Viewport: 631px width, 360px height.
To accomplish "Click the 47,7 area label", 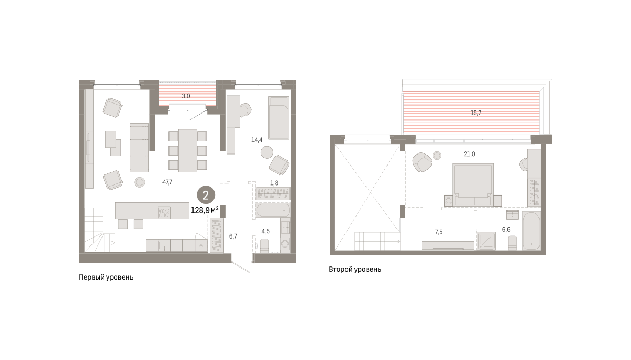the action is tap(167, 182).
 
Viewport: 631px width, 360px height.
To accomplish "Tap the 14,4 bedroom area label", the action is tap(257, 140).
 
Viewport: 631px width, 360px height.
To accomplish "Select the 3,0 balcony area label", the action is tap(186, 96).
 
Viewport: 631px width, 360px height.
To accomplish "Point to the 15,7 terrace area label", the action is tap(476, 113).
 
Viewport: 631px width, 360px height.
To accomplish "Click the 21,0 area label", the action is tap(470, 154).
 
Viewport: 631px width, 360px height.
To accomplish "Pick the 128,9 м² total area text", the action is tap(205, 210).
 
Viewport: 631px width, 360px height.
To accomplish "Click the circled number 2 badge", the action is tap(206, 195).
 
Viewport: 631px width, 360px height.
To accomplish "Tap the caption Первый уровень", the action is tap(106, 277).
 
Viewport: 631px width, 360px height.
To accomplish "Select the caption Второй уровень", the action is tap(355, 270).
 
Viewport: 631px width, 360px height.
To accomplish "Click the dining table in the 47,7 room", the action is tap(188, 150).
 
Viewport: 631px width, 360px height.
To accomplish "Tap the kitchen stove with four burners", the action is tap(164, 212).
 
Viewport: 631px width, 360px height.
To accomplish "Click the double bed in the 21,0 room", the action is tap(473, 184).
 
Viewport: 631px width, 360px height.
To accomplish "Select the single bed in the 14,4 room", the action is tap(279, 118).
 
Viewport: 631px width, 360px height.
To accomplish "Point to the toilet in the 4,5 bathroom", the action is tap(264, 246).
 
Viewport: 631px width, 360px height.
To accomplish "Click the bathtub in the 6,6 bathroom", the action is tap(531, 231).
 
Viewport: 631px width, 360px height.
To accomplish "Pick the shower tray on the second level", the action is tap(486, 241).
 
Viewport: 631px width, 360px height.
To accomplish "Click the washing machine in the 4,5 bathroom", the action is tap(286, 244).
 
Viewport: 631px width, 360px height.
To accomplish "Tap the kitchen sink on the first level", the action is tap(164, 245).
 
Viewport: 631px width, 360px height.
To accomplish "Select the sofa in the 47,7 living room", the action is tap(139, 148).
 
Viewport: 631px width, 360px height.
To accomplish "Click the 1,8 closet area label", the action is tap(274, 183).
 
